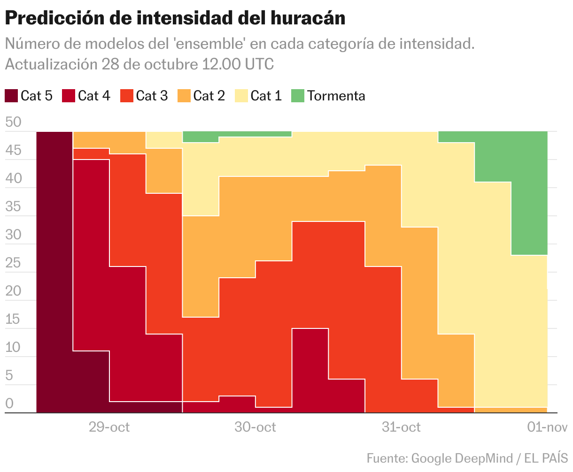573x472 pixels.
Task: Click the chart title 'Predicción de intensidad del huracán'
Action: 175,18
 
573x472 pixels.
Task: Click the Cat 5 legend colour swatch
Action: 11,96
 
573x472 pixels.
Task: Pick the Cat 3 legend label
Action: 151,96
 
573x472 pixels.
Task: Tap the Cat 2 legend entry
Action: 209,96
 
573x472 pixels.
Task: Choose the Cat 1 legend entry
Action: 266,96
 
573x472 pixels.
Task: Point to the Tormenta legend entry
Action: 336,96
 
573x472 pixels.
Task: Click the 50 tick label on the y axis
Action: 13,122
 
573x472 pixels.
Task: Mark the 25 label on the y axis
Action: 13,263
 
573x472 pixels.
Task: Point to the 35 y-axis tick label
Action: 13,207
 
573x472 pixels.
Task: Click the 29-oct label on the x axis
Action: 109,427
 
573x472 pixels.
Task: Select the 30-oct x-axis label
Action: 255,427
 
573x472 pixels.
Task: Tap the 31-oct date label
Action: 401,427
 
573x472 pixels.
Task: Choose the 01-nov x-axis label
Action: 547,427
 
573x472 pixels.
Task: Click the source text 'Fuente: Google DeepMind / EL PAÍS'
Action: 467,458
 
